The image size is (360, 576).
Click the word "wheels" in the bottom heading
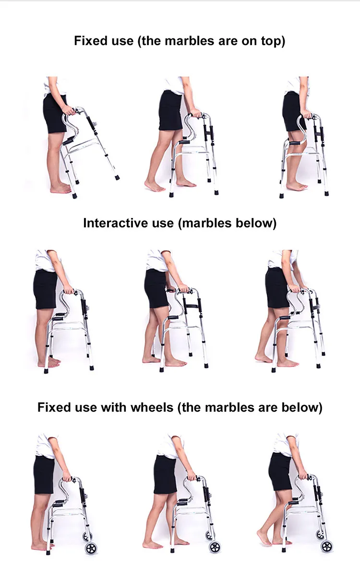point(149,408)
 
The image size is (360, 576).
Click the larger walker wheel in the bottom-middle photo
point(215,547)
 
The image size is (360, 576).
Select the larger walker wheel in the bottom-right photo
point(327,546)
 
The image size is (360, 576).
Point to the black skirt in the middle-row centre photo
point(156,289)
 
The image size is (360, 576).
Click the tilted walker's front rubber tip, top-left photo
point(117,178)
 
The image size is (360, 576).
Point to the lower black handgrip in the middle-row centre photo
point(173,317)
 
